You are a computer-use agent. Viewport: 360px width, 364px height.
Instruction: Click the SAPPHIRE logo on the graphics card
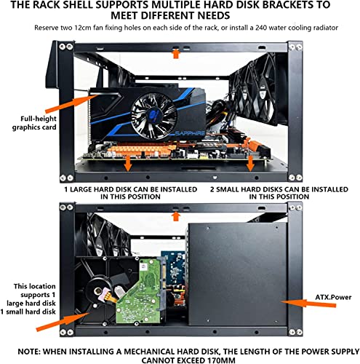click(190, 133)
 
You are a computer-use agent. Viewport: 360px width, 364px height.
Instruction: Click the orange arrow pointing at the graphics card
click(71, 104)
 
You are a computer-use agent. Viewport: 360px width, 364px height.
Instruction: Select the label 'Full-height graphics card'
click(34, 123)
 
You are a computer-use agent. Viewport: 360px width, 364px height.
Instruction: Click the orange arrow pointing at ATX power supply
click(309, 303)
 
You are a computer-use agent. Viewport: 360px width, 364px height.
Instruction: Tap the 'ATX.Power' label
click(333, 297)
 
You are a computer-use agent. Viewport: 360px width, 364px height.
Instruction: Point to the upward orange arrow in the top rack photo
click(176, 53)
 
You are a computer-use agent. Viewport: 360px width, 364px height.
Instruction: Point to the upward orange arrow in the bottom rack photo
click(176, 216)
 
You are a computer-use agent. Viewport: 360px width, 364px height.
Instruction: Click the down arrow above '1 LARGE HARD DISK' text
click(128, 163)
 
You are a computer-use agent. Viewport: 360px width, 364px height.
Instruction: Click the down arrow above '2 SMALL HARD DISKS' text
click(250, 163)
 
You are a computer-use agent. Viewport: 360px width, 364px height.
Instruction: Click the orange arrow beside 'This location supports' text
click(63, 322)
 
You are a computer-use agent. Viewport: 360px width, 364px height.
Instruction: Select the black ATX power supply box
click(238, 274)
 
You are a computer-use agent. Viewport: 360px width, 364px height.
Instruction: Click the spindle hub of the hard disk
click(98, 290)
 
